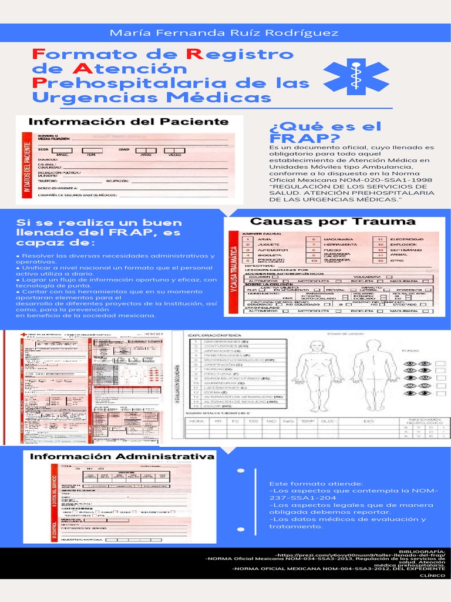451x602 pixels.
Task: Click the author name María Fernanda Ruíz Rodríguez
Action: click(224, 33)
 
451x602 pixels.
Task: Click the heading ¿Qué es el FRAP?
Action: click(325, 132)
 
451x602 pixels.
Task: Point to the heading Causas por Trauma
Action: click(333, 222)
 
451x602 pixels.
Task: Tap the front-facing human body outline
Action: click(317, 375)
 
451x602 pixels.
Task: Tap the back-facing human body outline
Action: click(374, 375)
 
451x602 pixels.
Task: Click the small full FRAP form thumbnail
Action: click(88, 386)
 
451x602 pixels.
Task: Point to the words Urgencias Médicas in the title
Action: click(152, 97)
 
